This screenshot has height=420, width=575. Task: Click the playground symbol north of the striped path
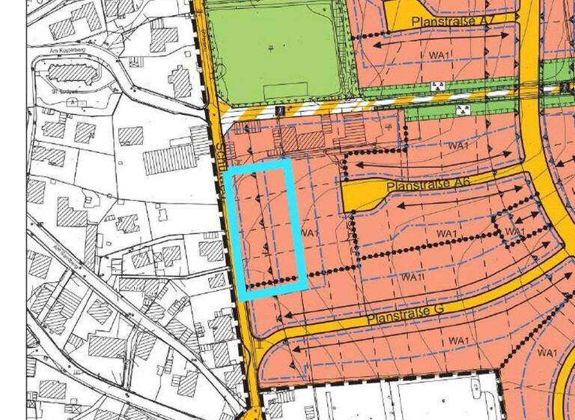point(438,87)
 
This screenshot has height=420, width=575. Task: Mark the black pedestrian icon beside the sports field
point(278,110)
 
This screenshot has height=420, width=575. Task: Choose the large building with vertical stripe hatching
point(169,158)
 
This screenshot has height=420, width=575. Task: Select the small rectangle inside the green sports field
point(285,91)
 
